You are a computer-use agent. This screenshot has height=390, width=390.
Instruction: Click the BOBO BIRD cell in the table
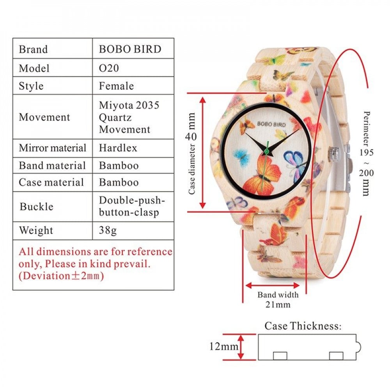[130, 49]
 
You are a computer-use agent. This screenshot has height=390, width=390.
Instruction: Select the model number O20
[109, 68]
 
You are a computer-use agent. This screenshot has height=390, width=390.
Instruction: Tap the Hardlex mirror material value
[118, 148]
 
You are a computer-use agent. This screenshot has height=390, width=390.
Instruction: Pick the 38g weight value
[108, 230]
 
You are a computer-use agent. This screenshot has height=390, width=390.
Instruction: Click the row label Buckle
[37, 206]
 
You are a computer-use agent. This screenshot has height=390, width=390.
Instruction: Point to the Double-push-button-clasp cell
[132, 206]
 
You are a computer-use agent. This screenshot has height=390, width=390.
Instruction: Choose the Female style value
[116, 86]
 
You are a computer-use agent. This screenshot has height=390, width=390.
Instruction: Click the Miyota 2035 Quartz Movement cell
[129, 117]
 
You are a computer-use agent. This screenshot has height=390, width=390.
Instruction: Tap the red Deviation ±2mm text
[61, 276]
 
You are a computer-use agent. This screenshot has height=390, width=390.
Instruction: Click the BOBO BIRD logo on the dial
[271, 124]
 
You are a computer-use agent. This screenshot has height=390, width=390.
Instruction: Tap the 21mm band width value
[278, 305]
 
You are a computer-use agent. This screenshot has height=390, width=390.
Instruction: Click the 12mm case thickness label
[224, 346]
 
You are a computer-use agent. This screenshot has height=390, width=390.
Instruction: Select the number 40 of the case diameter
[191, 136]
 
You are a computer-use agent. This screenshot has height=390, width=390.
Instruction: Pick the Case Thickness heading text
[303, 326]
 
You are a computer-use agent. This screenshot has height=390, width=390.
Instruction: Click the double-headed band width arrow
[272, 285]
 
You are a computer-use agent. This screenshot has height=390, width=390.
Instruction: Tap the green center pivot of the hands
[267, 151]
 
